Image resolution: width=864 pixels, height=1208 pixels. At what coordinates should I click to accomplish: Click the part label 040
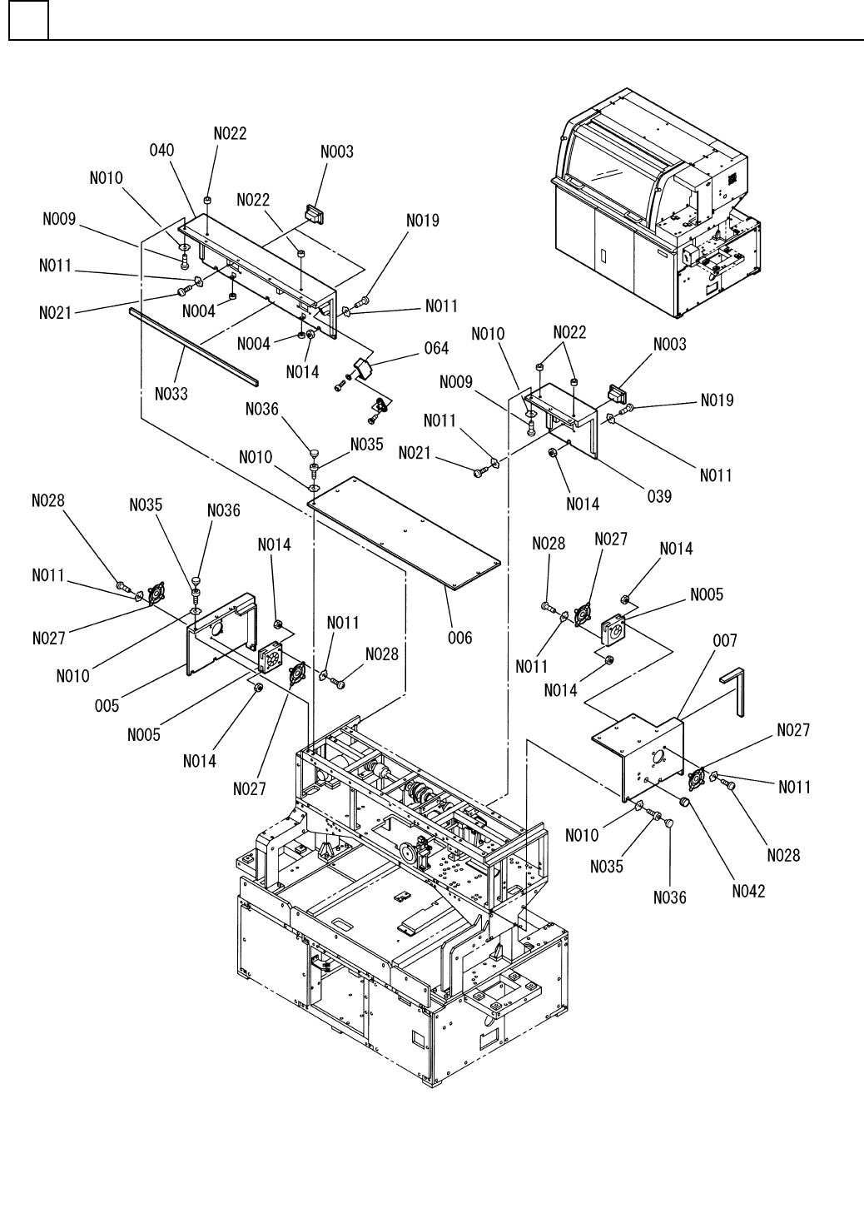161,150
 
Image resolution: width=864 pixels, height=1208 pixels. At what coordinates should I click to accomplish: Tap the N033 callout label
171,395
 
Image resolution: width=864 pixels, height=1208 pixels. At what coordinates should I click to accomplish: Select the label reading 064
436,348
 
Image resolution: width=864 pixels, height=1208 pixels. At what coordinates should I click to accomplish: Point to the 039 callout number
659,496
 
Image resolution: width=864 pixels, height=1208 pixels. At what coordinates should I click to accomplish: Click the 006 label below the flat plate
459,638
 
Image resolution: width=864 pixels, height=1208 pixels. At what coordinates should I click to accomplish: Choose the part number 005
107,706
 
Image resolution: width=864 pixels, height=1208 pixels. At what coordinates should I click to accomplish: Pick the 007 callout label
725,641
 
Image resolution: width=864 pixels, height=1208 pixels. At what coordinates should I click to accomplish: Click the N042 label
748,892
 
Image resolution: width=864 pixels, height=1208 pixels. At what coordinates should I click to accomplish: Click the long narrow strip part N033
194,347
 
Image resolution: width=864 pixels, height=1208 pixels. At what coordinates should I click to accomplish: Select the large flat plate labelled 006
404,533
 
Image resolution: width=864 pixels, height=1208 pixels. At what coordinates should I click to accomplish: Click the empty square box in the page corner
28,20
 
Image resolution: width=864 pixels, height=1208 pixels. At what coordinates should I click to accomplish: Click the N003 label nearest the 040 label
337,152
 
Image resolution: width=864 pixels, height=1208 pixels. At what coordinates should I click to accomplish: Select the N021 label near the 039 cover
415,453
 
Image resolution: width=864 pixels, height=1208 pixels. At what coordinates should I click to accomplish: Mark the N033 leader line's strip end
185,347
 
